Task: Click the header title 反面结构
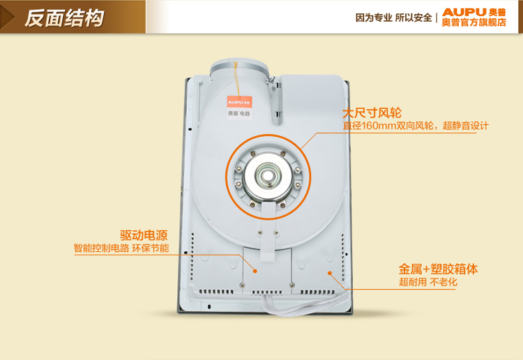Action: click(64, 17)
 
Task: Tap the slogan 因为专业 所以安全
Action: click(393, 17)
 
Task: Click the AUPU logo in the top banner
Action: click(473, 13)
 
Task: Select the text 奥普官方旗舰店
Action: click(474, 22)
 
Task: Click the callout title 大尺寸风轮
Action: click(372, 113)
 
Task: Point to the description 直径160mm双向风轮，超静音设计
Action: click(416, 126)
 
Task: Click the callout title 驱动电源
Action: click(144, 235)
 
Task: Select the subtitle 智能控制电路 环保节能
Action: click(121, 248)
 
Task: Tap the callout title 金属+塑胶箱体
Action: click(439, 269)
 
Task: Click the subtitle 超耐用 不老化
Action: click(428, 283)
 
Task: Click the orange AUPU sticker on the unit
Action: click(239, 102)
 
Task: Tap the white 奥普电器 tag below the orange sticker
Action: click(239, 114)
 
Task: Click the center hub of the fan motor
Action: click(266, 175)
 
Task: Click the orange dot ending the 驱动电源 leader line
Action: click(255, 271)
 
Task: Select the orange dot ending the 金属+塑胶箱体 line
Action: click(330, 273)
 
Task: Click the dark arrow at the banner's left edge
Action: click(7, 17)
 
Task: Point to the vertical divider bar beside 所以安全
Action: click(437, 18)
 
